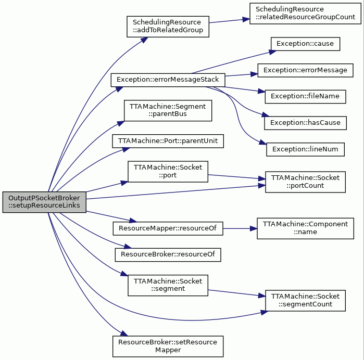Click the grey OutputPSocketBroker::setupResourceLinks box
point(44,202)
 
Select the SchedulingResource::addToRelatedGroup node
point(168,27)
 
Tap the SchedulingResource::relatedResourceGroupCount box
point(305,13)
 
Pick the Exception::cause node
point(305,44)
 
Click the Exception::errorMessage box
point(305,70)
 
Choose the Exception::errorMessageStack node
point(168,80)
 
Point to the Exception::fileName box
point(305,96)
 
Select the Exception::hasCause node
point(305,123)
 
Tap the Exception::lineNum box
point(305,149)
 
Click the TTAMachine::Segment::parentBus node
point(168,110)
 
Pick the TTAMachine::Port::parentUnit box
point(168,141)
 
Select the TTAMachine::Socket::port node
point(168,172)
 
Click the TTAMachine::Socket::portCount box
point(305,182)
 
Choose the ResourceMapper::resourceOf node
point(168,228)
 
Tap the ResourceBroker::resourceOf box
point(168,255)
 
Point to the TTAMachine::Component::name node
point(305,228)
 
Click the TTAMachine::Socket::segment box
point(168,285)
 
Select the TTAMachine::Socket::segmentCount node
point(305,300)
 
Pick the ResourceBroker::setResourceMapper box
point(168,346)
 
